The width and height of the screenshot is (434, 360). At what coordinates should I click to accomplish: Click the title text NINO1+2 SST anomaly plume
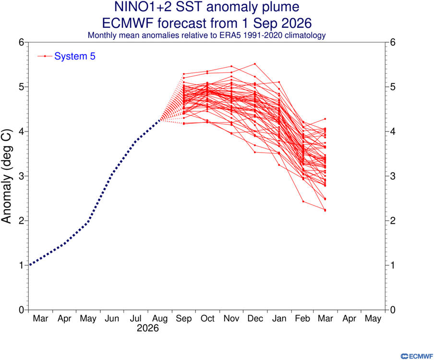pyautogui.click(x=207, y=7)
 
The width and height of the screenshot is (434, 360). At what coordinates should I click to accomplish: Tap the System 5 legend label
pyautogui.click(x=75, y=56)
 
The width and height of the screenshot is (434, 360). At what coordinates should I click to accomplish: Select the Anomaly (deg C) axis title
pyautogui.click(x=6, y=176)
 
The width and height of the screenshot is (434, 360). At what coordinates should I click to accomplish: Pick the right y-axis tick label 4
pyautogui.click(x=393, y=132)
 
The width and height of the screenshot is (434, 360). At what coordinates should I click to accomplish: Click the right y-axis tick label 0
pyautogui.click(x=393, y=310)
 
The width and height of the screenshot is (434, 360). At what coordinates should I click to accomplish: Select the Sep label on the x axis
pyautogui.click(x=184, y=319)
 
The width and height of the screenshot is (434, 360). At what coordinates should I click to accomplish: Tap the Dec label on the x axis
pyautogui.click(x=255, y=319)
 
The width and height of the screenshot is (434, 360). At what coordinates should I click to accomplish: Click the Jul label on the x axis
pyautogui.click(x=135, y=319)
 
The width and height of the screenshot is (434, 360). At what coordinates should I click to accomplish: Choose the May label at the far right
pyautogui.click(x=373, y=319)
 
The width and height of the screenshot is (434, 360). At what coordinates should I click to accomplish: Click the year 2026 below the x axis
pyautogui.click(x=148, y=328)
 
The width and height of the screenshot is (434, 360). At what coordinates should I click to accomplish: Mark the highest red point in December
pyautogui.click(x=255, y=64)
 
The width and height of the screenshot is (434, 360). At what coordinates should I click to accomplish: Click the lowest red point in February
pyautogui.click(x=303, y=202)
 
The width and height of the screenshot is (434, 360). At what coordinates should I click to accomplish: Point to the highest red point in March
pyautogui.click(x=325, y=119)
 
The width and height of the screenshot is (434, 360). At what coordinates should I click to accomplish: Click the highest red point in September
pyautogui.click(x=184, y=74)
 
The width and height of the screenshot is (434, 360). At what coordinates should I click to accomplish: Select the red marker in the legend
pyautogui.click(x=45, y=56)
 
